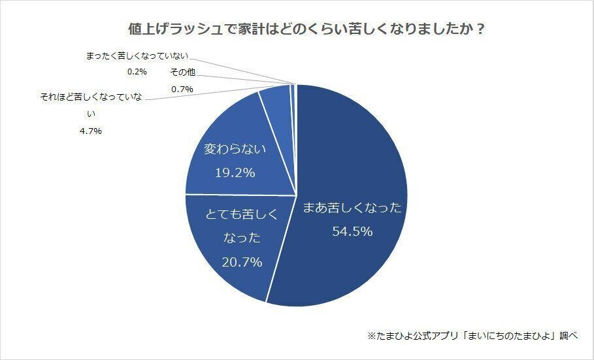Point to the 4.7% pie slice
275,101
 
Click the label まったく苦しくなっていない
141,57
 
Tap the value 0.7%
182,89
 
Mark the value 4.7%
91,131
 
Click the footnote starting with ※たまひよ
472,336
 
